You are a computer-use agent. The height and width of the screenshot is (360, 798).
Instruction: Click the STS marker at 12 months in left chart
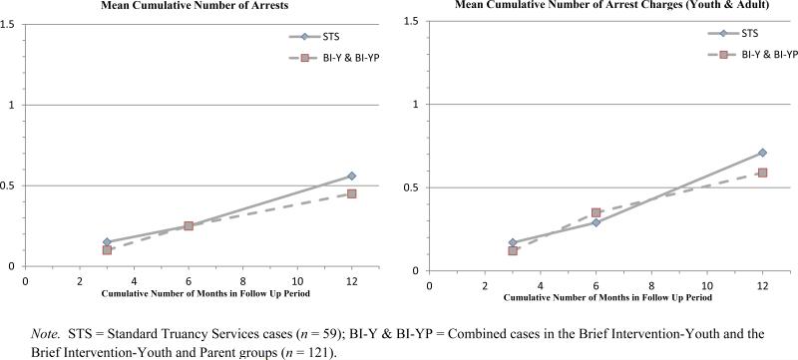coord(351,176)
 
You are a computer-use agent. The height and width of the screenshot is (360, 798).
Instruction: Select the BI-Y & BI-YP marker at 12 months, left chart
coord(351,193)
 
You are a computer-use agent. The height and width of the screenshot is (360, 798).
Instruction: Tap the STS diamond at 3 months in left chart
coord(108,242)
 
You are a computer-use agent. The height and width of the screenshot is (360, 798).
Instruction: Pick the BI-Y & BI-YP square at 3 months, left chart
coord(108,249)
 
